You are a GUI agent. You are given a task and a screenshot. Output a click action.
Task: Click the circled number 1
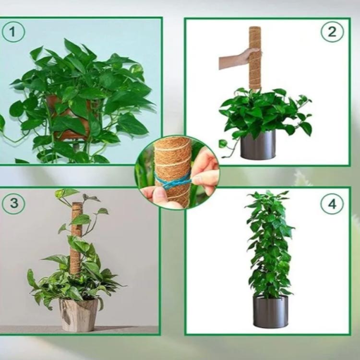(13, 31)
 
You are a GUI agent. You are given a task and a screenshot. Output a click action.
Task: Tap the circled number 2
(332, 32)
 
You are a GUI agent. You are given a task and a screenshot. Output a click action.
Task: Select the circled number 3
(13, 203)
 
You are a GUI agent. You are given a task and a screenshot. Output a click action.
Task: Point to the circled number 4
(332, 204)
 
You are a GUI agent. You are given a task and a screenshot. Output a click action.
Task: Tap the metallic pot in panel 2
(258, 144)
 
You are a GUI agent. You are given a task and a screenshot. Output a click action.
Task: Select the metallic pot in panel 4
(270, 312)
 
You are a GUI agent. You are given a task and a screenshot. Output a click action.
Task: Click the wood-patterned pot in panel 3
(79, 314)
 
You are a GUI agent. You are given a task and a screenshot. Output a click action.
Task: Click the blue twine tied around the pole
(173, 180)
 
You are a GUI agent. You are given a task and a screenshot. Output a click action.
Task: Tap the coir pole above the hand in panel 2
(254, 38)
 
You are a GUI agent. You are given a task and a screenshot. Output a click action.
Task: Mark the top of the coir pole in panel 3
(77, 204)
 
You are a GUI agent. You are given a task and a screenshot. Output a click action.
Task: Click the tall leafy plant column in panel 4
(270, 244)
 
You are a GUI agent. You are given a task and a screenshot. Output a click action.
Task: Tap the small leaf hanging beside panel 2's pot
(222, 143)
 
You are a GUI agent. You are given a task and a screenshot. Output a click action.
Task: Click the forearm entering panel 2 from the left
(229, 62)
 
